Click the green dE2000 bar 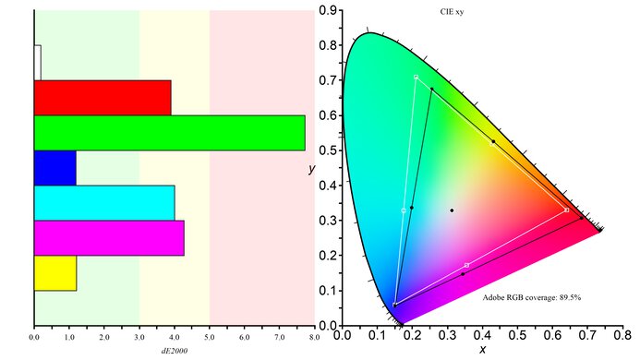169,133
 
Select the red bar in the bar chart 103,98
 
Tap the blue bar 54,168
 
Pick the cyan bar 104,203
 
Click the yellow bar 55,273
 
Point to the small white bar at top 37,63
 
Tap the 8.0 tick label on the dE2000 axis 314,338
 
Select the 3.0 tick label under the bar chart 139,338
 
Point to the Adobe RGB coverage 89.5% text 531,298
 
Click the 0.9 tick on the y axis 326,10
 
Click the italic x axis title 482,351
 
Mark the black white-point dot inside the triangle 452,210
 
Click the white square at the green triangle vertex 417,77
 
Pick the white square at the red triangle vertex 566,210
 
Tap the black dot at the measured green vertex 432,89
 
